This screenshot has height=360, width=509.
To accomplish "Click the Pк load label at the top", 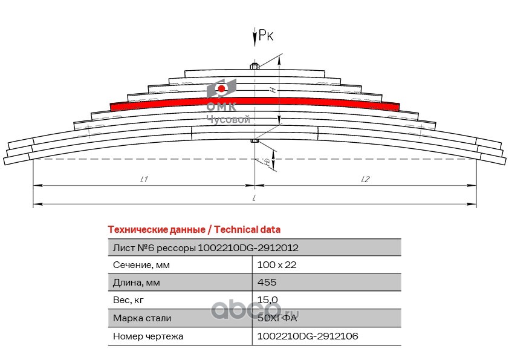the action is coord(266,35).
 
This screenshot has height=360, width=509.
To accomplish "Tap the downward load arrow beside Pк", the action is coord(255,38).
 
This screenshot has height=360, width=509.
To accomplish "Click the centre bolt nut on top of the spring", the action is coord(254,67).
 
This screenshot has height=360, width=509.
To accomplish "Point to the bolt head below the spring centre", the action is coord(254,141).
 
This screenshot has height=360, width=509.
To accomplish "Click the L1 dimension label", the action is coord(144,179).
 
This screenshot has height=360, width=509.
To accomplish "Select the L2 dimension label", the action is coord(366,179).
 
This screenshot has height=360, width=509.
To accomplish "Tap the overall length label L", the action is coord(254,197).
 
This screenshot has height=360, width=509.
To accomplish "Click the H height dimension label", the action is coord(273,90).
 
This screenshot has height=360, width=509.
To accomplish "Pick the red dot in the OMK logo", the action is coord(222,88).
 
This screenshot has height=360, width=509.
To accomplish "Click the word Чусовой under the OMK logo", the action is coord(229,120).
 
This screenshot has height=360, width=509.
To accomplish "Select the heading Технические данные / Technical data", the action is coord(194,230).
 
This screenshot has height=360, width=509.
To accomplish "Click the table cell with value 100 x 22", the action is coord(277,265).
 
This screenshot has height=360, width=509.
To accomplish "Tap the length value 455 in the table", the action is coord(267,282).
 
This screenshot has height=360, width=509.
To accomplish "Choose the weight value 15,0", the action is coord(267,300).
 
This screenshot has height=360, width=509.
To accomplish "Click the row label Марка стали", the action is coord(142,318).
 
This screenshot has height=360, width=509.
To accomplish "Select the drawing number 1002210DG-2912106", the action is coord(308,336).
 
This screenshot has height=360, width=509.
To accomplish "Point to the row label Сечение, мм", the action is coord(141,265).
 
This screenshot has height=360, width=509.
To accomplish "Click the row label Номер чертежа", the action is coord(148,336).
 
